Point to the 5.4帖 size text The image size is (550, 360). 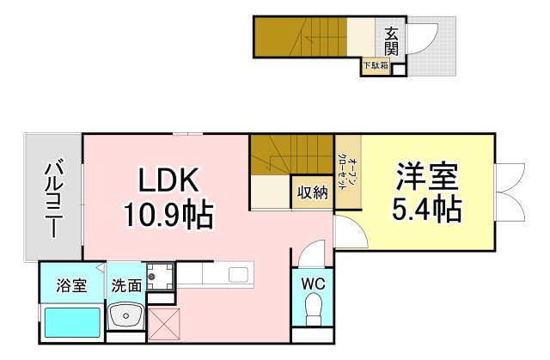click(x=425, y=208)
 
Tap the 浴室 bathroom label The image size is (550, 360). click(x=71, y=286)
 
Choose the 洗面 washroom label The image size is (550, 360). click(x=125, y=286)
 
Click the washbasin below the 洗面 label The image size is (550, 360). click(x=127, y=317)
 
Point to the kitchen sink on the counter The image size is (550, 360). click(x=239, y=275)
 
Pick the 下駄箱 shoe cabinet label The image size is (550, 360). click(x=374, y=64)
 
